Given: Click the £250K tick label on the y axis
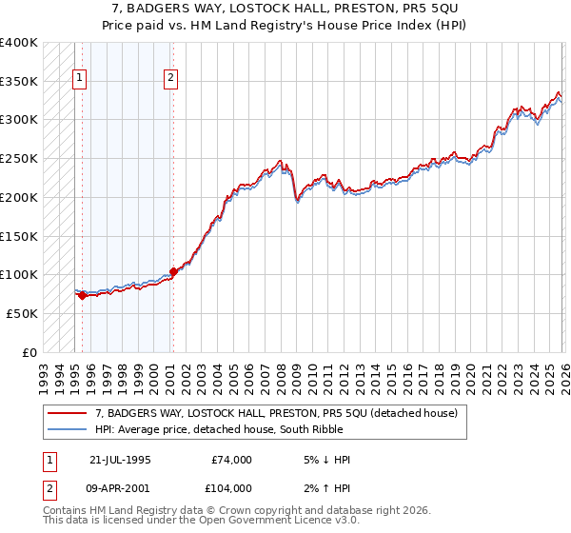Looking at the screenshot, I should pos(19,159).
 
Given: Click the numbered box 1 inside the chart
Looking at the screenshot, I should pos(79,79).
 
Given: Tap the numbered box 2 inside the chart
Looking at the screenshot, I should pos(170,79).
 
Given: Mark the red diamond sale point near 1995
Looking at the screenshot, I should pos(82,295).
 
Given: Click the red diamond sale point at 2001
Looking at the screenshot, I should pos(172,271).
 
